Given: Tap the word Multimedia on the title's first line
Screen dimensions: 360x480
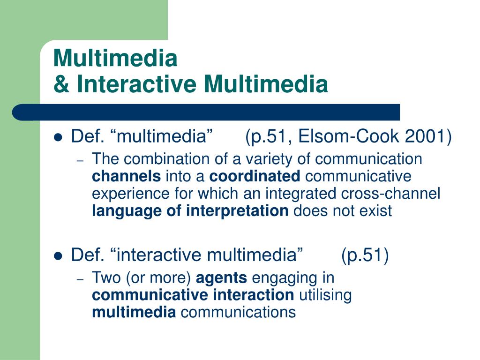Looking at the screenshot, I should [x=115, y=59].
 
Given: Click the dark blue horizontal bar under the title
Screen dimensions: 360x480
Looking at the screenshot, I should [x=206, y=112].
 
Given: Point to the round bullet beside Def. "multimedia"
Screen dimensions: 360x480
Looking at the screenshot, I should [x=58, y=138].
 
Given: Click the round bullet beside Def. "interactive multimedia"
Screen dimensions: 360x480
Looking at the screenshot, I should [x=58, y=256].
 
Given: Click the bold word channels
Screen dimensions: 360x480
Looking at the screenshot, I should [x=126, y=177].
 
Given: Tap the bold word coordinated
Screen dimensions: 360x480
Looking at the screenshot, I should [x=255, y=177].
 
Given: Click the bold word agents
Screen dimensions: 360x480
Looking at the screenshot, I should [x=221, y=278].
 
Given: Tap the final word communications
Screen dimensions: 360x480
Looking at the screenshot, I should [x=238, y=312].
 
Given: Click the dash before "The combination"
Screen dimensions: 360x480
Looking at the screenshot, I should [x=80, y=160].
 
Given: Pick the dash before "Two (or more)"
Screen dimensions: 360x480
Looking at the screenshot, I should [x=80, y=279].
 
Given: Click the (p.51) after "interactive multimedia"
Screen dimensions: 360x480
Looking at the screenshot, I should [x=365, y=255].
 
